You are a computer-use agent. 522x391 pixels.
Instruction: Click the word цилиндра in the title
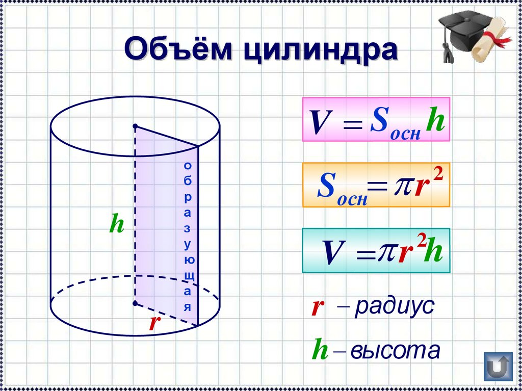click(320, 50)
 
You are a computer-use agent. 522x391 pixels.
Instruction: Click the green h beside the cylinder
click(117, 223)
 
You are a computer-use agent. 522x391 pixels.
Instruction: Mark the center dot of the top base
click(135, 126)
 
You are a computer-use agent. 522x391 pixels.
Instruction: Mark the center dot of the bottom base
click(135, 303)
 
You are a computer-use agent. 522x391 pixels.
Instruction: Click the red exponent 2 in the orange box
click(438, 175)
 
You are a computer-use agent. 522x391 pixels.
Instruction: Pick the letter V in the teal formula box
click(334, 252)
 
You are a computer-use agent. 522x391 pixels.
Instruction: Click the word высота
click(396, 350)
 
